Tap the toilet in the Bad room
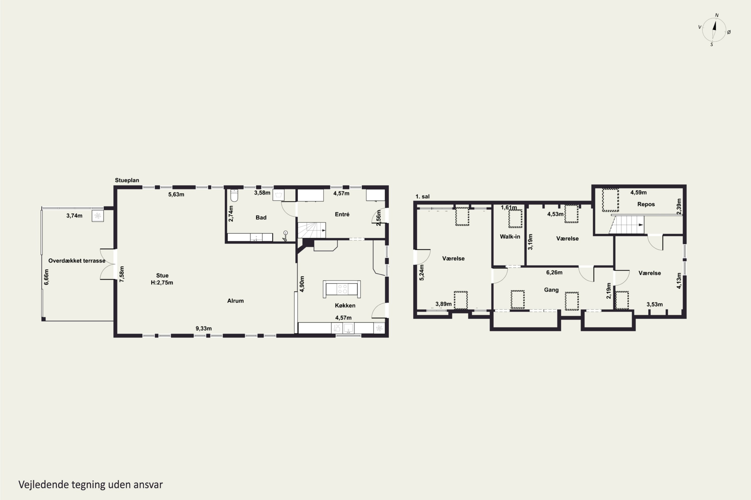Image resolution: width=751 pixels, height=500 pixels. pyautogui.click(x=234, y=195)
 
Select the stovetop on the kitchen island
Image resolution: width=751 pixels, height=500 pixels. pyautogui.click(x=342, y=289)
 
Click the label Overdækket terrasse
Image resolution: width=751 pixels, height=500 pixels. pyautogui.click(x=77, y=261)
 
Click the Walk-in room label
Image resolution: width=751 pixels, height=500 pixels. pyautogui.click(x=510, y=236)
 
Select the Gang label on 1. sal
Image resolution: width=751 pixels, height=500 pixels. pyautogui.click(x=551, y=290)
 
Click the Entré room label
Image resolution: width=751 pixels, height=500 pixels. pyautogui.click(x=342, y=214)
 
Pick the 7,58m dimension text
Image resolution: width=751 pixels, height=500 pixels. pyautogui.click(x=122, y=274)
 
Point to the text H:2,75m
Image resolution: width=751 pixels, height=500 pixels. pyautogui.click(x=162, y=282)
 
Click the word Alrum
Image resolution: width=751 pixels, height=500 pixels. pyautogui.click(x=235, y=301)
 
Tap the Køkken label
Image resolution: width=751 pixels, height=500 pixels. pyautogui.click(x=345, y=305)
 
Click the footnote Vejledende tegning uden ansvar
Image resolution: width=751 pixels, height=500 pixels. pyautogui.click(x=91, y=484)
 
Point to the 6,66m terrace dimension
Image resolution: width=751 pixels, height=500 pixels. pyautogui.click(x=46, y=277)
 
